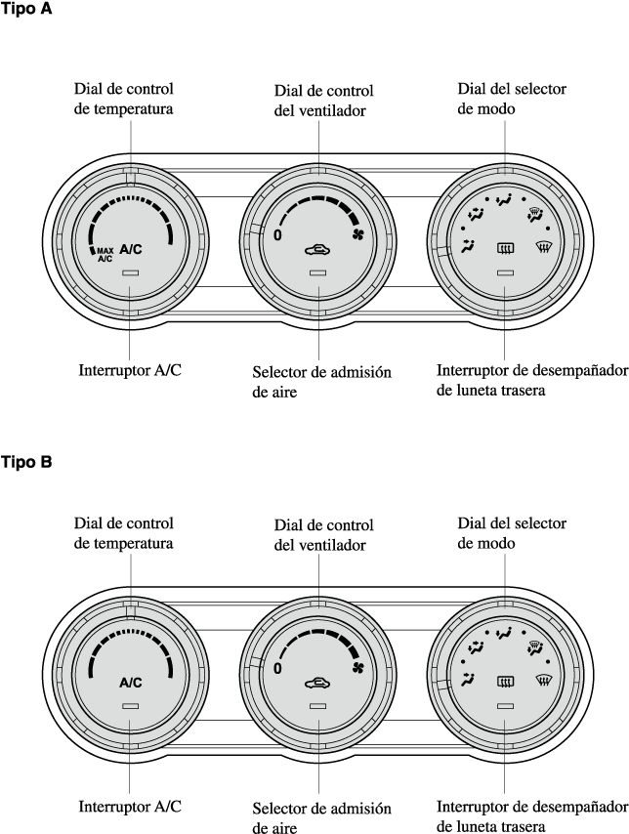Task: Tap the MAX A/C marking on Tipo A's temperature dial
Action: (105, 254)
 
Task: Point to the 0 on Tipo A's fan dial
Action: (277, 235)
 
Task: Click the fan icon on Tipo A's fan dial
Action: (357, 235)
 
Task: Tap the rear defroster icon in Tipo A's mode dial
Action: (505, 249)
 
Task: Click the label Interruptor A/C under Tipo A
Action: (130, 371)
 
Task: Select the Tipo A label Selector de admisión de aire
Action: (314, 382)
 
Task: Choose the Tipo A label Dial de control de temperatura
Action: (124, 99)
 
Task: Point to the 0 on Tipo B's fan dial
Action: (277, 669)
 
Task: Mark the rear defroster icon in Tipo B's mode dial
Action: (505, 683)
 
